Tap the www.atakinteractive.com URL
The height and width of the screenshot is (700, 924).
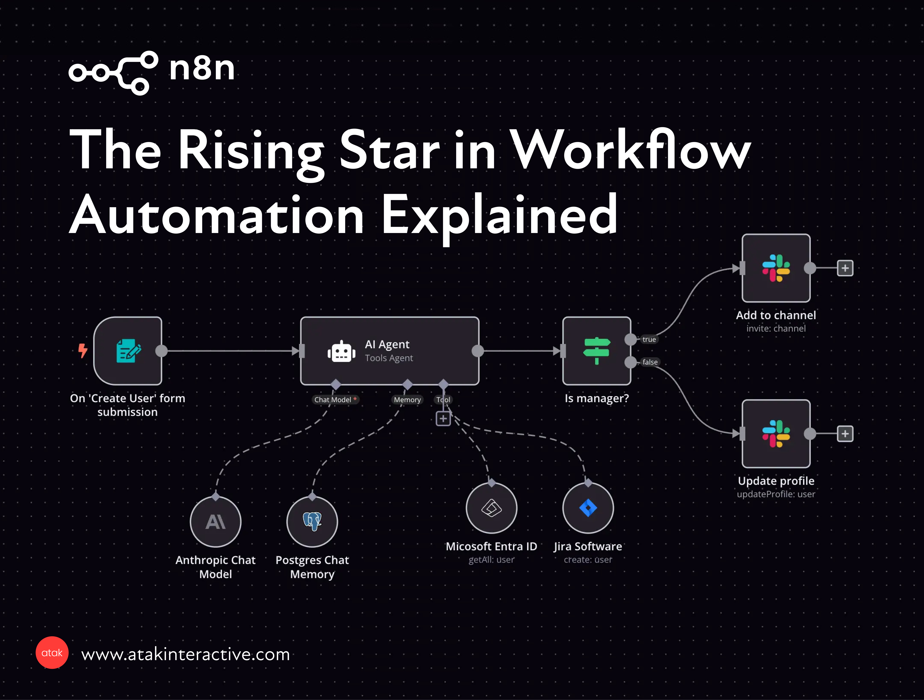pos(185,654)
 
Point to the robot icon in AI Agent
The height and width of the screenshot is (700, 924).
pos(341,351)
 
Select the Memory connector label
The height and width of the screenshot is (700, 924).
pos(407,400)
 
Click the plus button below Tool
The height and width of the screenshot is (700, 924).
pos(443,418)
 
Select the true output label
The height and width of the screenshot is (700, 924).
pos(649,339)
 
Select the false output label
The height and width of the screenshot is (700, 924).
pos(650,362)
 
